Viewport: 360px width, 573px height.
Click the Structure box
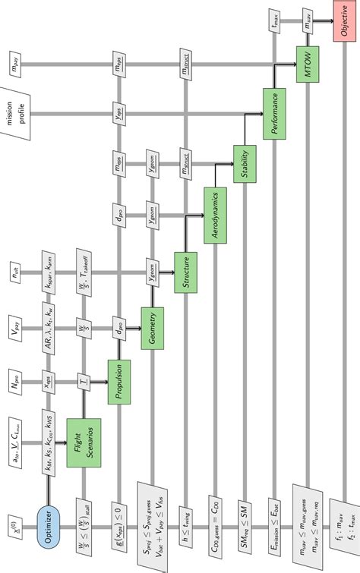click(185, 271)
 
